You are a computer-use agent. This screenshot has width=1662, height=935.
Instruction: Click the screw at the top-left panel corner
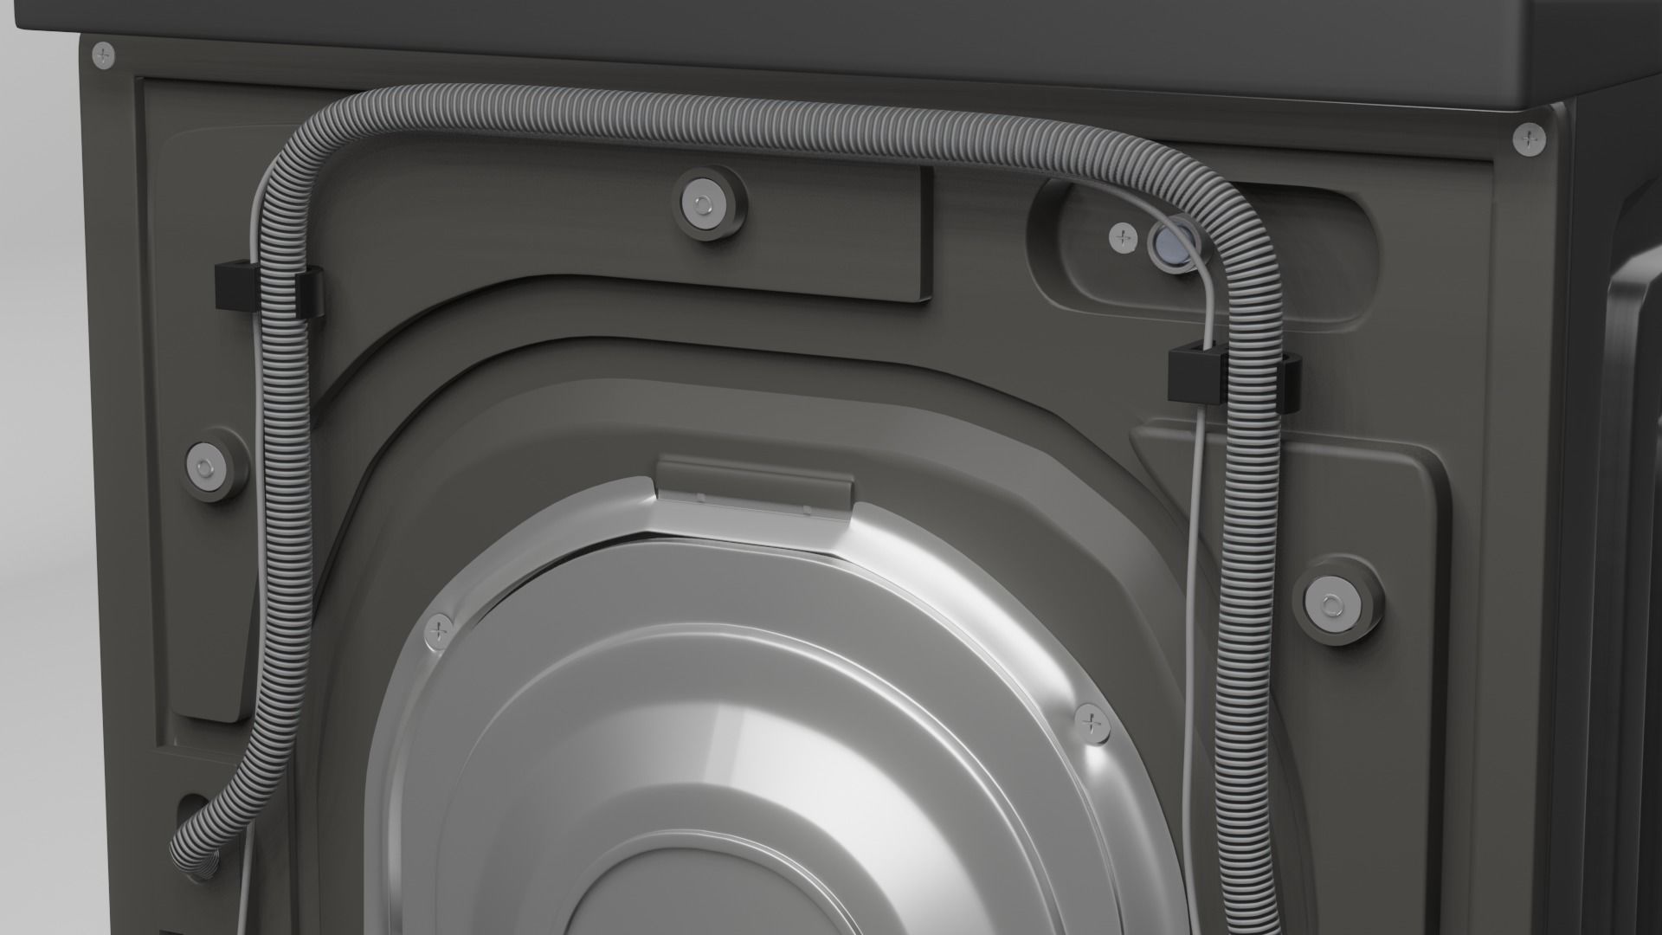[x=104, y=55]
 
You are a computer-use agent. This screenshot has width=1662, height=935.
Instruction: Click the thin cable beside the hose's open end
[x=245, y=883]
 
